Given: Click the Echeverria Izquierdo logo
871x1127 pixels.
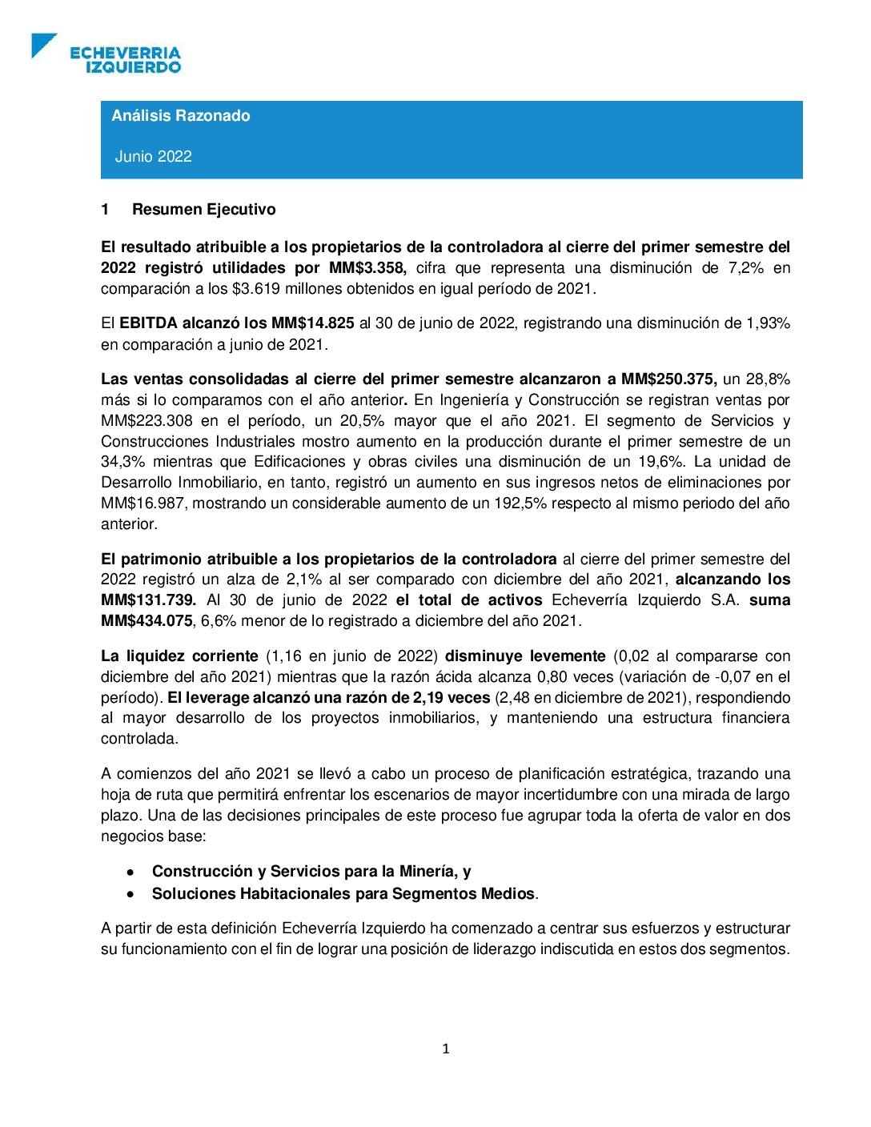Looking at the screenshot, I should click(106, 54).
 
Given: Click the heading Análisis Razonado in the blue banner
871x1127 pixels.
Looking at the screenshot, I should click(181, 115).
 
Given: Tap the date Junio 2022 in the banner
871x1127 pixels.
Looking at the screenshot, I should click(154, 156).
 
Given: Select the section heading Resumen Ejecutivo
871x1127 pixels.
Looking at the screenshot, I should click(203, 210).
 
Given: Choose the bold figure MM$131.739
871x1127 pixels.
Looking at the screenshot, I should click(148, 600).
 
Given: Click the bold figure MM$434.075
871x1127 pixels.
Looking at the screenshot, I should click(147, 621).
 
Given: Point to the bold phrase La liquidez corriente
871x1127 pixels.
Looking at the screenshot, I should click(179, 656).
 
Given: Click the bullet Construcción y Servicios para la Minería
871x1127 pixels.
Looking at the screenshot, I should click(311, 872).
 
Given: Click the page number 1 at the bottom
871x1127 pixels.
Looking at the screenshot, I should click(446, 1049).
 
